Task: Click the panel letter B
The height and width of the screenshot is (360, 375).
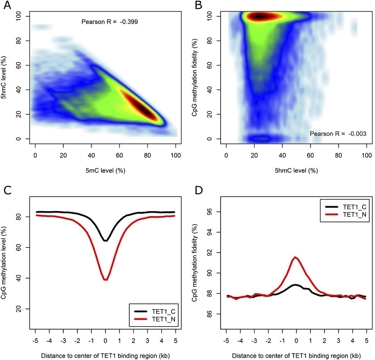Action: [198, 5]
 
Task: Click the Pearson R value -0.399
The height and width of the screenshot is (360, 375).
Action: [129, 22]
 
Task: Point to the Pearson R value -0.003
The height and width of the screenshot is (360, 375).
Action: [357, 134]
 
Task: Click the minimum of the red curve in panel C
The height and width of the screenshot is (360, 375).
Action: [105, 280]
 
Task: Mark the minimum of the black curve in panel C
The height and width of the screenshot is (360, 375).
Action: [105, 241]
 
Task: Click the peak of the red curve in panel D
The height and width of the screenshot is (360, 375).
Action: [296, 257]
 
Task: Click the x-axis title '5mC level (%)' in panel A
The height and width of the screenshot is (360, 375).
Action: [105, 170]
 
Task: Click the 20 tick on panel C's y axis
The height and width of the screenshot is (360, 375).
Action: [19, 309]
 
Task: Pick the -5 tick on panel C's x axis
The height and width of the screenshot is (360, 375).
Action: [35, 340]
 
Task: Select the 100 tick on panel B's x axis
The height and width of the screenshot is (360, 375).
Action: [367, 155]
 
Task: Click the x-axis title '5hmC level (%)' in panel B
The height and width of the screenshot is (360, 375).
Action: [296, 170]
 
